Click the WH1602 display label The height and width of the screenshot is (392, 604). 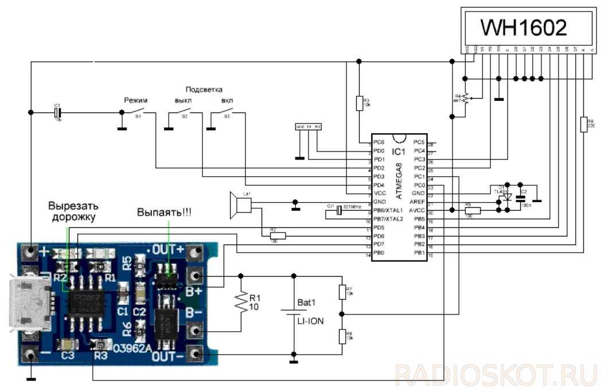523,28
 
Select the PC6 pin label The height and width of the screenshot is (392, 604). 379,142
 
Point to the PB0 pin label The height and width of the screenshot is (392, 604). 379,253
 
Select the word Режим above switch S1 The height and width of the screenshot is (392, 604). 136,100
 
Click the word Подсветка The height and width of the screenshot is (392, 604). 204,90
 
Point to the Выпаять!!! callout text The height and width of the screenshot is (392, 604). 165,212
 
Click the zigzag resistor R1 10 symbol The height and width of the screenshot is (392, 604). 241,302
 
